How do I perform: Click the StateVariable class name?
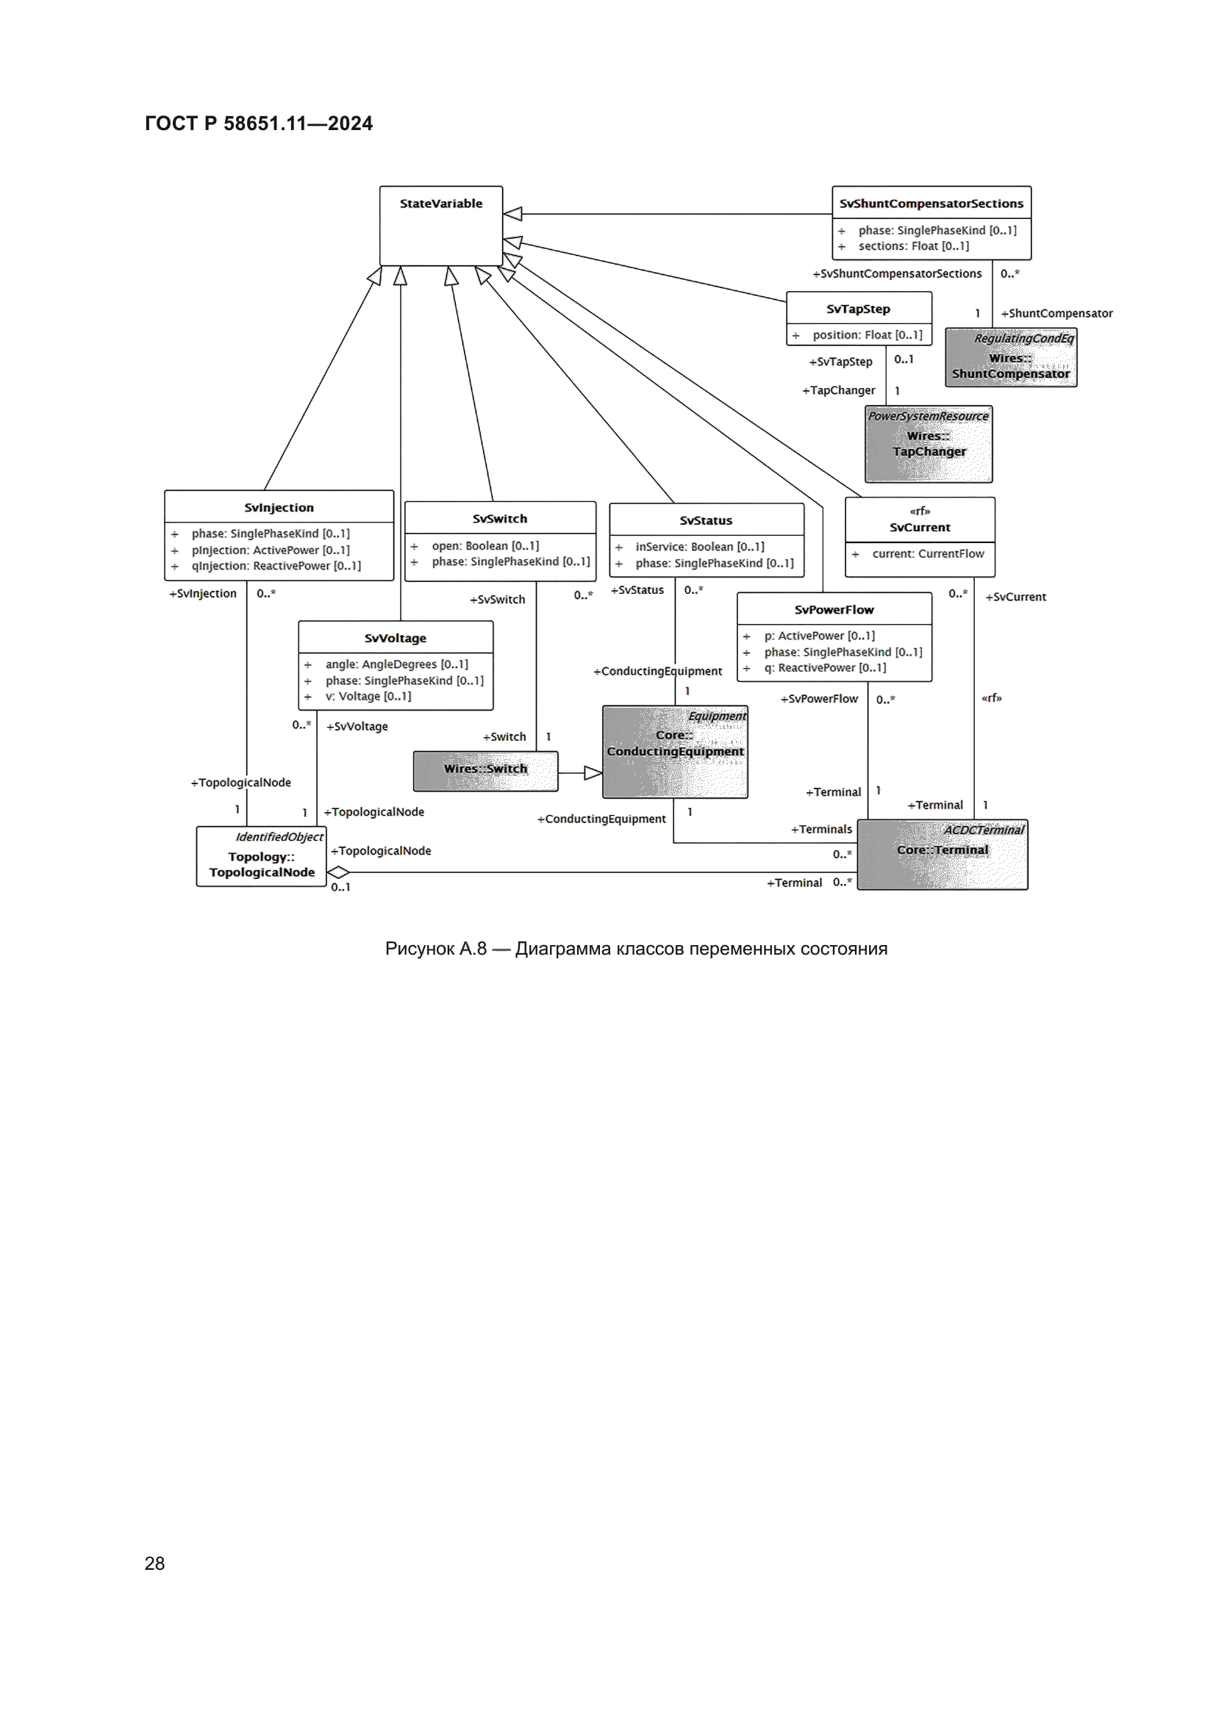441,204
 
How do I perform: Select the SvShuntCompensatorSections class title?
931,204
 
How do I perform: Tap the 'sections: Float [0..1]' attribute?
913,246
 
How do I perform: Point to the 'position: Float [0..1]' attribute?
867,335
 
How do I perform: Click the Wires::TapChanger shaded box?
929,444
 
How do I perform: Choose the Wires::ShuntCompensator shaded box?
1011,358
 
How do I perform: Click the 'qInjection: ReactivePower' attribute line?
276,566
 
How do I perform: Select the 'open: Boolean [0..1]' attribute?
485,546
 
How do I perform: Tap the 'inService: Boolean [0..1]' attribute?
699,548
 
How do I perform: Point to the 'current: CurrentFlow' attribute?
928,554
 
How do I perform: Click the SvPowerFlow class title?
834,609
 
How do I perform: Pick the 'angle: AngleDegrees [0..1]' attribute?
396,664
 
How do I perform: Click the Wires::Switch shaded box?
485,771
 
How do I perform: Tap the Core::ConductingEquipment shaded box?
675,752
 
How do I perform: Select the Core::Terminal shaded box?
942,854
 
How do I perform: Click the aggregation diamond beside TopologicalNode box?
338,872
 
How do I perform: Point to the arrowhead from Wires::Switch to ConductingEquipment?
593,772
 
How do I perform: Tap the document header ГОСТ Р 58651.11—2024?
258,123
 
